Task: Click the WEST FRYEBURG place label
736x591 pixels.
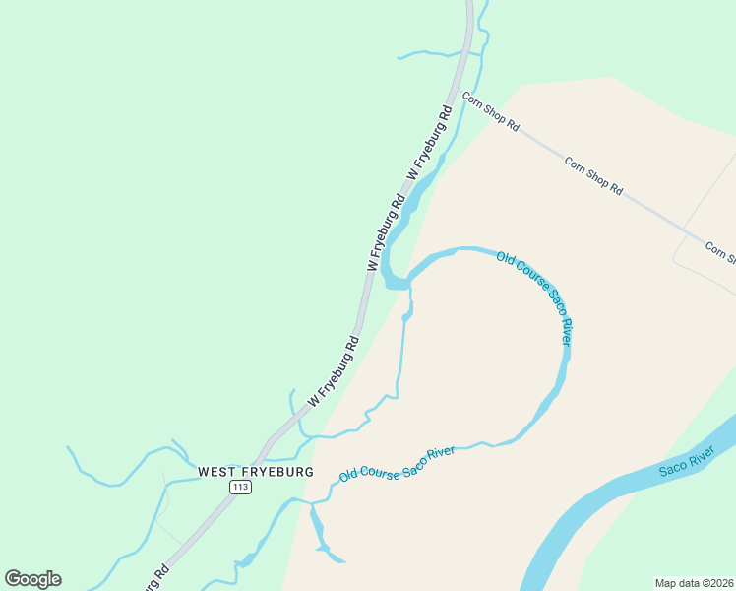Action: click(x=255, y=472)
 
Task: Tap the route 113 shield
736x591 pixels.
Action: click(x=240, y=488)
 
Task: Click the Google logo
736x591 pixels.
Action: click(x=32, y=579)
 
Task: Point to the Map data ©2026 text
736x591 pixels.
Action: click(x=694, y=583)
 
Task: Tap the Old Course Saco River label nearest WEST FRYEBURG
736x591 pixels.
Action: click(x=397, y=463)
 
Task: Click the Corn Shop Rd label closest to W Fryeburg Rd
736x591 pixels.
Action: click(x=490, y=112)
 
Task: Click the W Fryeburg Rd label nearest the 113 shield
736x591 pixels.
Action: click(x=334, y=371)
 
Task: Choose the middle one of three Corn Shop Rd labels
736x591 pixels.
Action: click(x=594, y=174)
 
